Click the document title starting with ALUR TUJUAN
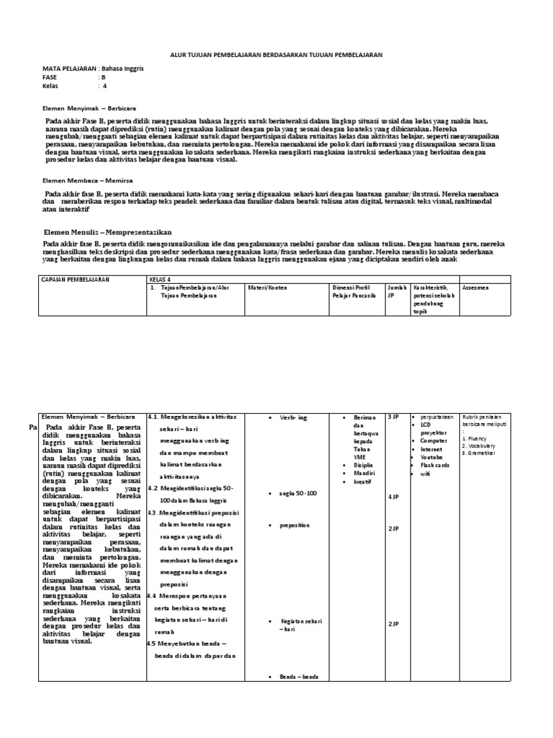pos(276,54)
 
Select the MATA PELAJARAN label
pos(68,68)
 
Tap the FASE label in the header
pos(51,76)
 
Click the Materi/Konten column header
pos(268,288)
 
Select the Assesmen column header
pos(477,288)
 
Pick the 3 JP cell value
pos(395,417)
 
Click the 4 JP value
pos(395,497)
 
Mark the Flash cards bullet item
pos(436,466)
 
